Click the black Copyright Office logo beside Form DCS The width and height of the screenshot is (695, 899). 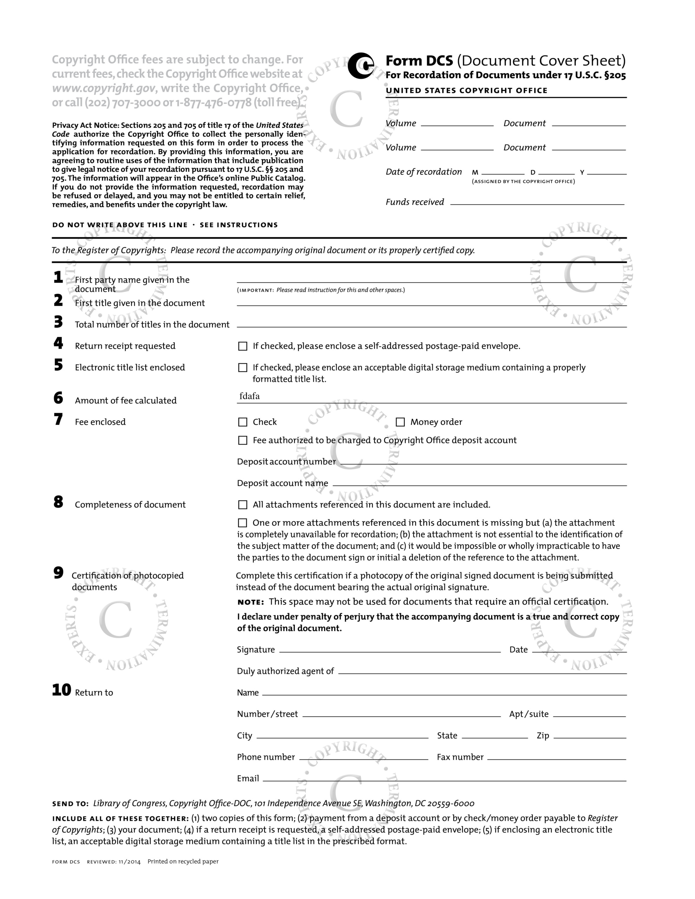point(361,66)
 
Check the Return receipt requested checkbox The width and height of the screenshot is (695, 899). point(243,346)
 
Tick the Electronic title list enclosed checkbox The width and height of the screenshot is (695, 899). point(243,368)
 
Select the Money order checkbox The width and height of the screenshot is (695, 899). point(400,422)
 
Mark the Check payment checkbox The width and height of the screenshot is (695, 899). point(243,422)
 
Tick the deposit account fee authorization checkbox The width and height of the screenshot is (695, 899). point(243,440)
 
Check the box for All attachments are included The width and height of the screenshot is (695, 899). point(243,505)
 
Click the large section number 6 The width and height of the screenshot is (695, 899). point(58,398)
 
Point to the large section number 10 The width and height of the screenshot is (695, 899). point(61,690)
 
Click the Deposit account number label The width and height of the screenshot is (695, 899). point(286,462)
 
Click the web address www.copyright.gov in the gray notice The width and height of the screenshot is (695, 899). point(104,88)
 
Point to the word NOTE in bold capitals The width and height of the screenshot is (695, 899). point(251,602)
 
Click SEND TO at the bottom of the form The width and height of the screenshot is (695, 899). point(70,803)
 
